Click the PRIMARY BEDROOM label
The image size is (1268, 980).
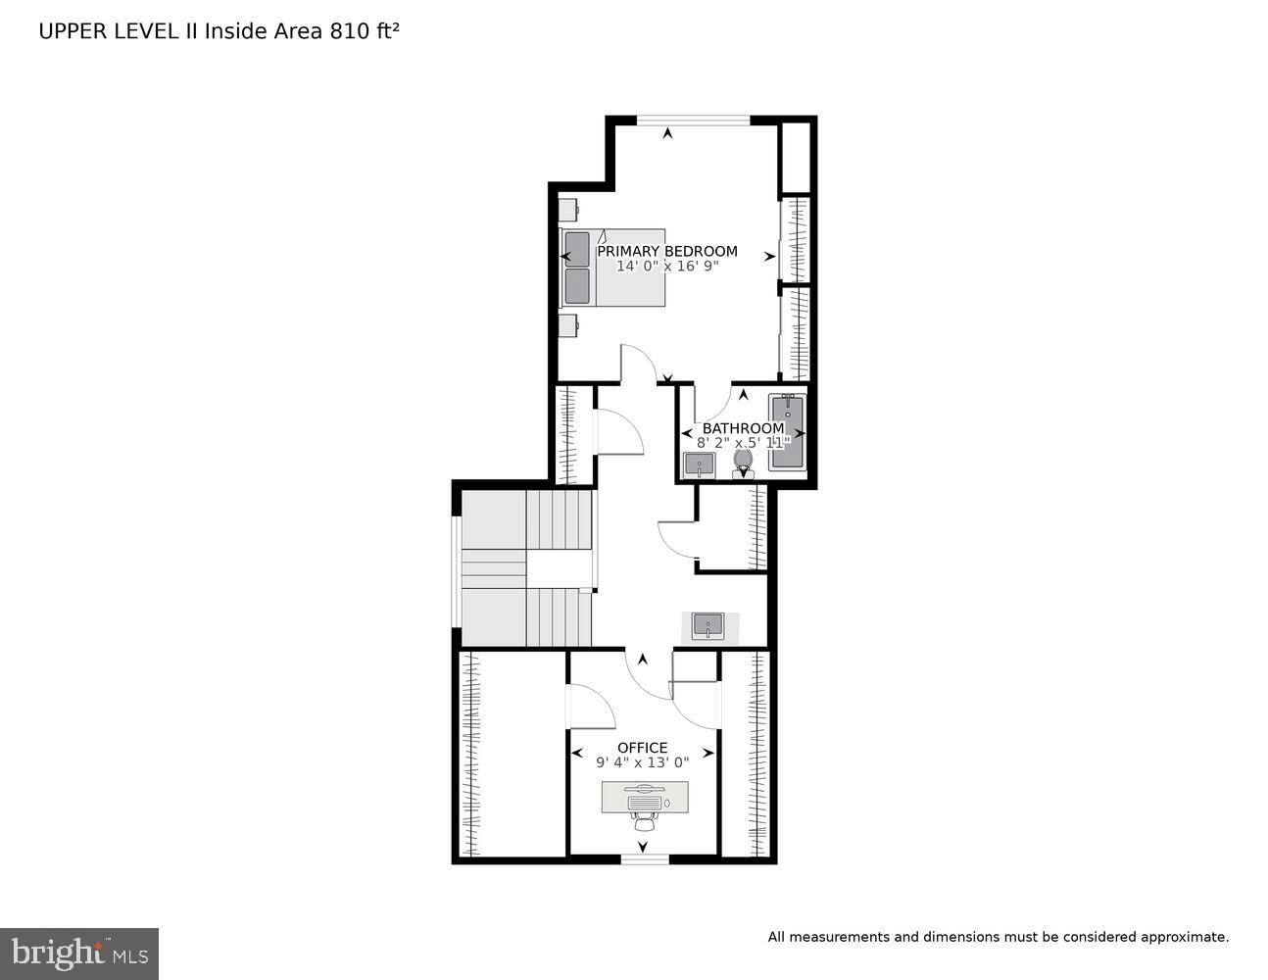click(x=667, y=251)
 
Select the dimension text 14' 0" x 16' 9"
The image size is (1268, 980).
click(x=667, y=267)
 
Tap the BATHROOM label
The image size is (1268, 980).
click(x=743, y=428)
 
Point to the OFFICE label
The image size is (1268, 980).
click(x=642, y=748)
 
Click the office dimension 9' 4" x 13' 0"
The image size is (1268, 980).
click(x=642, y=762)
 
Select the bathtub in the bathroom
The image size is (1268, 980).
click(x=786, y=432)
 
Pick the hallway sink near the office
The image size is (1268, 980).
click(x=707, y=625)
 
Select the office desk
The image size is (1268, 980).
click(x=644, y=797)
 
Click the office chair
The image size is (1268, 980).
click(x=644, y=820)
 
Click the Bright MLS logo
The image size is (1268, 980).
click(x=79, y=953)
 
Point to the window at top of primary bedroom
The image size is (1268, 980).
click(x=694, y=121)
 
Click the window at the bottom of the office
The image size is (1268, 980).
click(x=645, y=859)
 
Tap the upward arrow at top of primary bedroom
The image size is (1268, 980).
click(x=668, y=133)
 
